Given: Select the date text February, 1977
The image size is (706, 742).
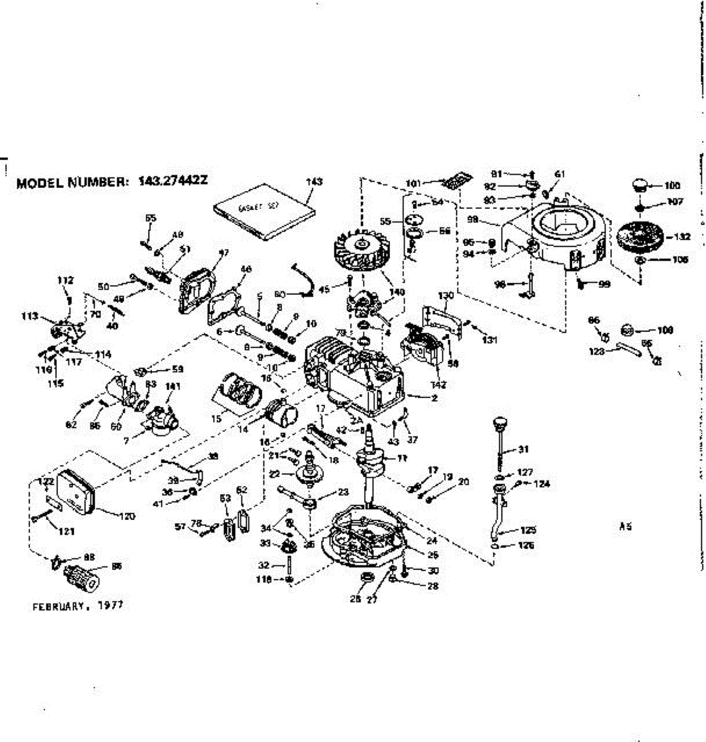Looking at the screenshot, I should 77,606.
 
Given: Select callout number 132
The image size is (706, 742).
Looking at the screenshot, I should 683,236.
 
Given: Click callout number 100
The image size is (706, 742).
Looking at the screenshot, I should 673,185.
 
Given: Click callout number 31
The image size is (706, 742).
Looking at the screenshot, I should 523,449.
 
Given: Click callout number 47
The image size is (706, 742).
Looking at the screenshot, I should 223,252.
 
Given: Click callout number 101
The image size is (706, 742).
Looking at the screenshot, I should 414,183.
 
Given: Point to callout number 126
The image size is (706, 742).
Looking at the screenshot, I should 527,545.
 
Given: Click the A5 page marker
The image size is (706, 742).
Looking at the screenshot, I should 625,527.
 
